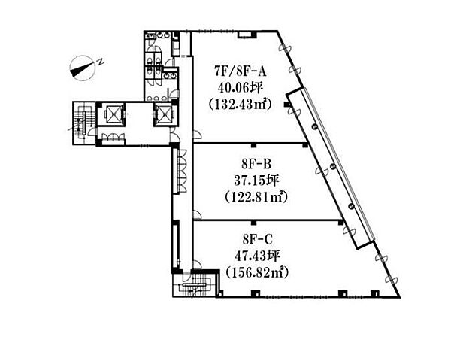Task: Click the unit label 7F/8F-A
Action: (x=241, y=71)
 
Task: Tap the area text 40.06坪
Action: (x=240, y=87)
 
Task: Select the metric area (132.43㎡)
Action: (x=240, y=104)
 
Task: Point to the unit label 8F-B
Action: (x=256, y=164)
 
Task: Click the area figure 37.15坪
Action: (x=256, y=180)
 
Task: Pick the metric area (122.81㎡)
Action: (x=256, y=197)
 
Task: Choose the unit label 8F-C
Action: (x=258, y=239)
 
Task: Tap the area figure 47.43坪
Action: (x=257, y=256)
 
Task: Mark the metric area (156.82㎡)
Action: (x=257, y=273)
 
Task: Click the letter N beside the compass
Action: (x=101, y=62)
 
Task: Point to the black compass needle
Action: (x=82, y=68)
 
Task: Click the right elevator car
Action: (x=164, y=114)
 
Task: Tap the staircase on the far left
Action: (x=84, y=123)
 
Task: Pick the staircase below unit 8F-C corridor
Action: (x=195, y=285)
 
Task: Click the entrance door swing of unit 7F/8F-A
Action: (x=197, y=134)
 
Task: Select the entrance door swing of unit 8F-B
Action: (x=197, y=215)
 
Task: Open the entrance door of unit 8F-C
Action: (x=197, y=265)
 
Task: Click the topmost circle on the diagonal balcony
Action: (x=314, y=126)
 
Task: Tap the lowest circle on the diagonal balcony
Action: (x=350, y=206)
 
